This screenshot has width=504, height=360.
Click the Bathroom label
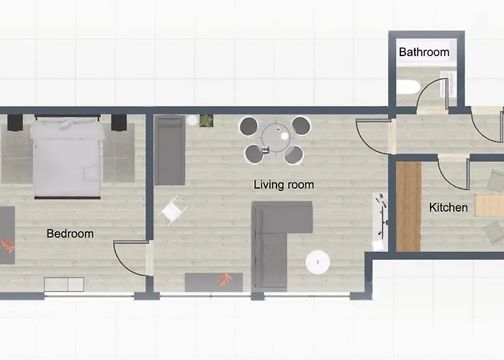[424, 52]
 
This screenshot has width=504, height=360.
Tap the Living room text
[284, 185]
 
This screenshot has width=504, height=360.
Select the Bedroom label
[70, 233]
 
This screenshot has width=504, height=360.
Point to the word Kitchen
[449, 208]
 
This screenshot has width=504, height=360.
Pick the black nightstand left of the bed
[15, 122]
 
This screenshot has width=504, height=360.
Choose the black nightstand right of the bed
[119, 122]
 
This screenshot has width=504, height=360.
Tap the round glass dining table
[275, 138]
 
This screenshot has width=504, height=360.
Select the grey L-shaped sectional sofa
[277, 230]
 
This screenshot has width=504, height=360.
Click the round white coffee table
[318, 263]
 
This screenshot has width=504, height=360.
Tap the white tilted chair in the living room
[174, 211]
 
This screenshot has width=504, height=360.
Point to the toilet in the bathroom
[405, 87]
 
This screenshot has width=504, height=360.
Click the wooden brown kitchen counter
[408, 206]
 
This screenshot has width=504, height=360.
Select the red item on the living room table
[225, 279]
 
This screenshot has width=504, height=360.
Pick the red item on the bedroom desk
[6, 246]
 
